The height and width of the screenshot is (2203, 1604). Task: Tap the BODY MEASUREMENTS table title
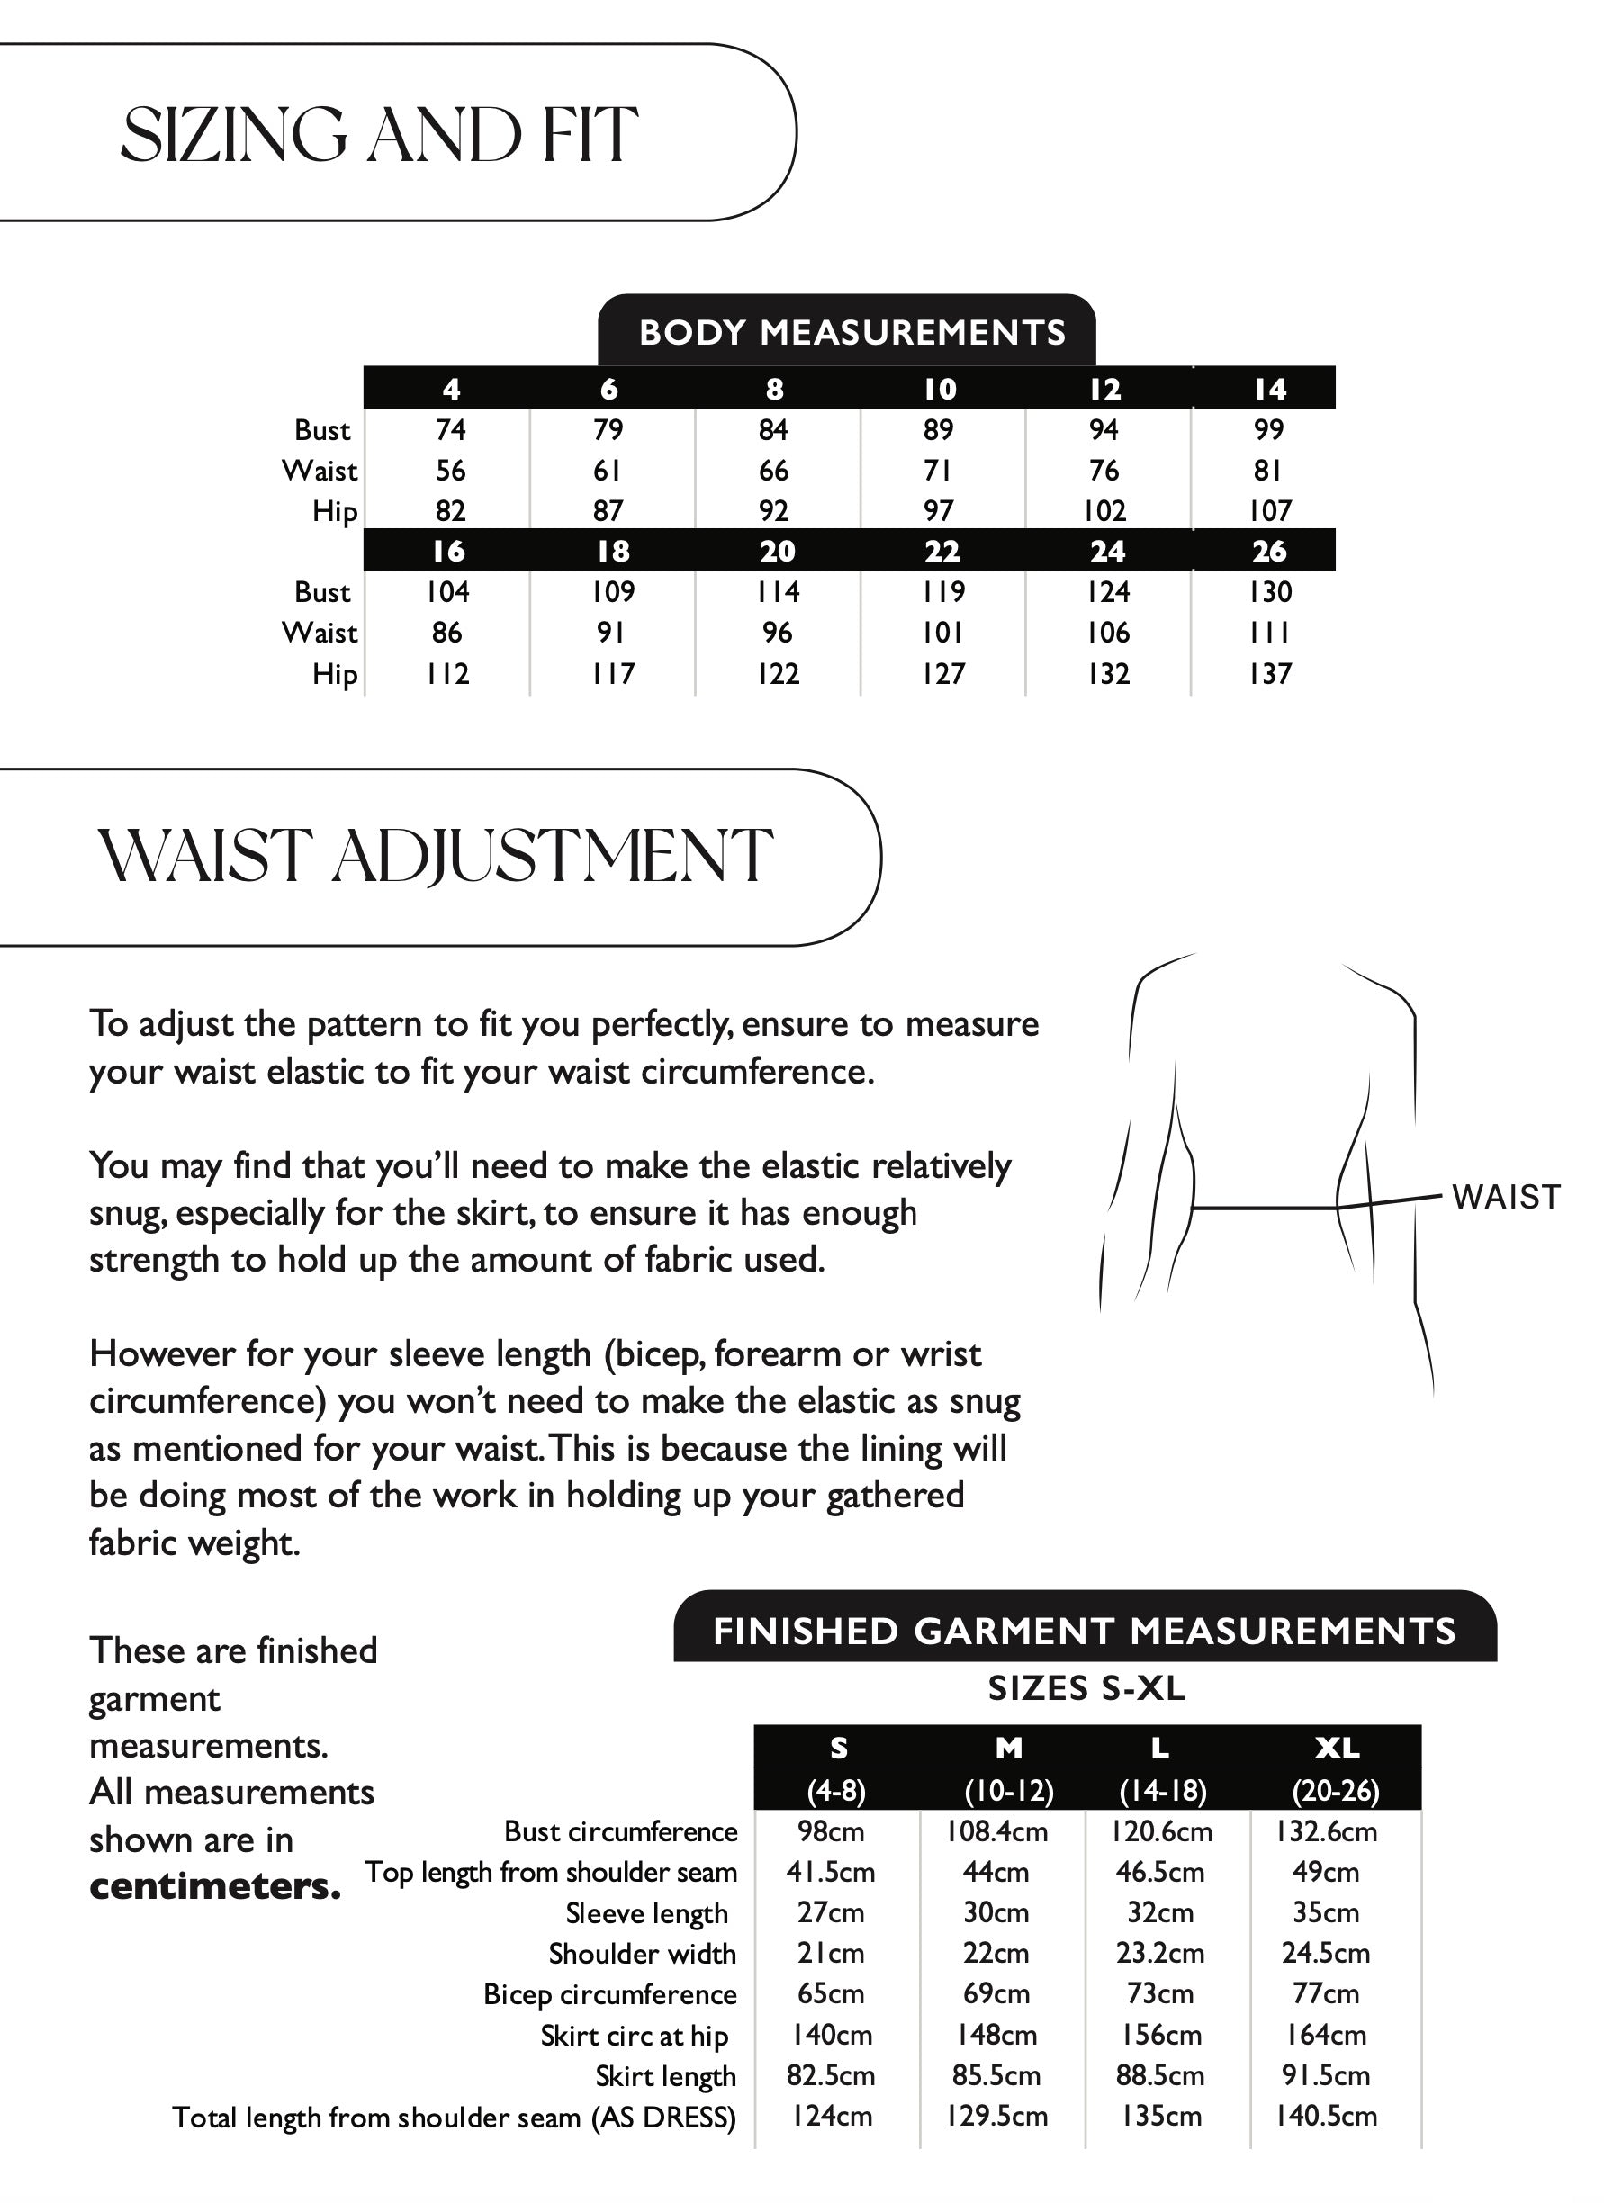click(x=852, y=332)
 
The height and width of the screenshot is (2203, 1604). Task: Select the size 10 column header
click(x=940, y=389)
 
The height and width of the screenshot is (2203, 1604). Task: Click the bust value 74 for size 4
click(x=451, y=429)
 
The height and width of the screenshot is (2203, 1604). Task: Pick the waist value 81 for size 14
click(x=1268, y=470)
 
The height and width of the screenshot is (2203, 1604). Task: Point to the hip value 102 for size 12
click(x=1104, y=511)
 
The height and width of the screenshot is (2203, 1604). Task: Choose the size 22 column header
click(x=942, y=551)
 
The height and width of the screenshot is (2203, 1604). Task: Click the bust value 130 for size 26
click(x=1270, y=591)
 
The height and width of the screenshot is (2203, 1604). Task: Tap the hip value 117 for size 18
click(x=613, y=673)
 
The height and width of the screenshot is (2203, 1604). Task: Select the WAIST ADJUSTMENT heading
click(x=436, y=857)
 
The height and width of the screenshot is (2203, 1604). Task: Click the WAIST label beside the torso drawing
click(x=1505, y=1197)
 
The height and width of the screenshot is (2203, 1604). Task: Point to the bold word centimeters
click(x=215, y=1886)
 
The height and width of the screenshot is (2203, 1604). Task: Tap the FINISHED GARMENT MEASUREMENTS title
click(x=1085, y=1631)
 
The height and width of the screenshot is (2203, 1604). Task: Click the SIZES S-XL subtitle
click(x=1086, y=1688)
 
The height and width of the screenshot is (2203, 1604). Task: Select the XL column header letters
click(x=1337, y=1749)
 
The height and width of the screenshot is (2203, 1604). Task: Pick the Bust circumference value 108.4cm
click(x=996, y=1831)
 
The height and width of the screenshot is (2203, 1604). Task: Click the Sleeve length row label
click(x=646, y=1912)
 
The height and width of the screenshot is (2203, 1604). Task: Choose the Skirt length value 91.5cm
click(x=1325, y=2076)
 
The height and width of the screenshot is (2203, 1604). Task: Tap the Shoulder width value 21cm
click(x=831, y=1954)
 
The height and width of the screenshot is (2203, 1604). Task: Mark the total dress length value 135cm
click(x=1161, y=2117)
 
